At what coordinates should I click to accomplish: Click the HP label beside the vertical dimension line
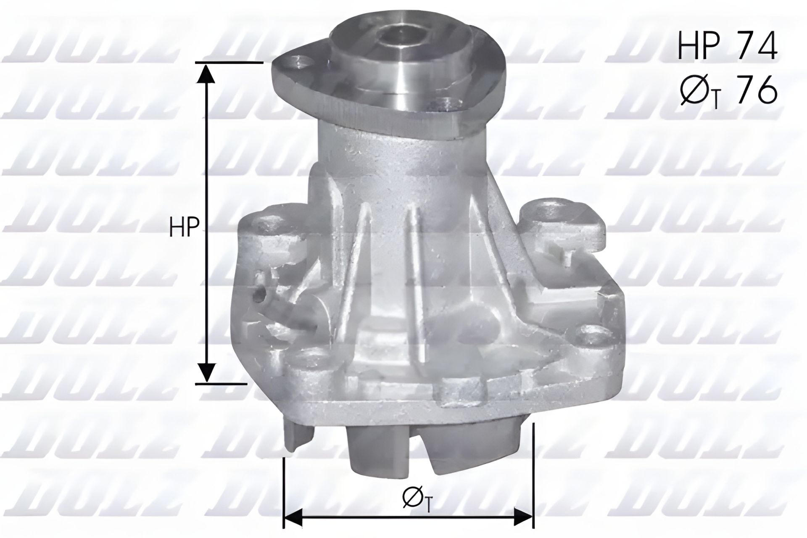184,227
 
